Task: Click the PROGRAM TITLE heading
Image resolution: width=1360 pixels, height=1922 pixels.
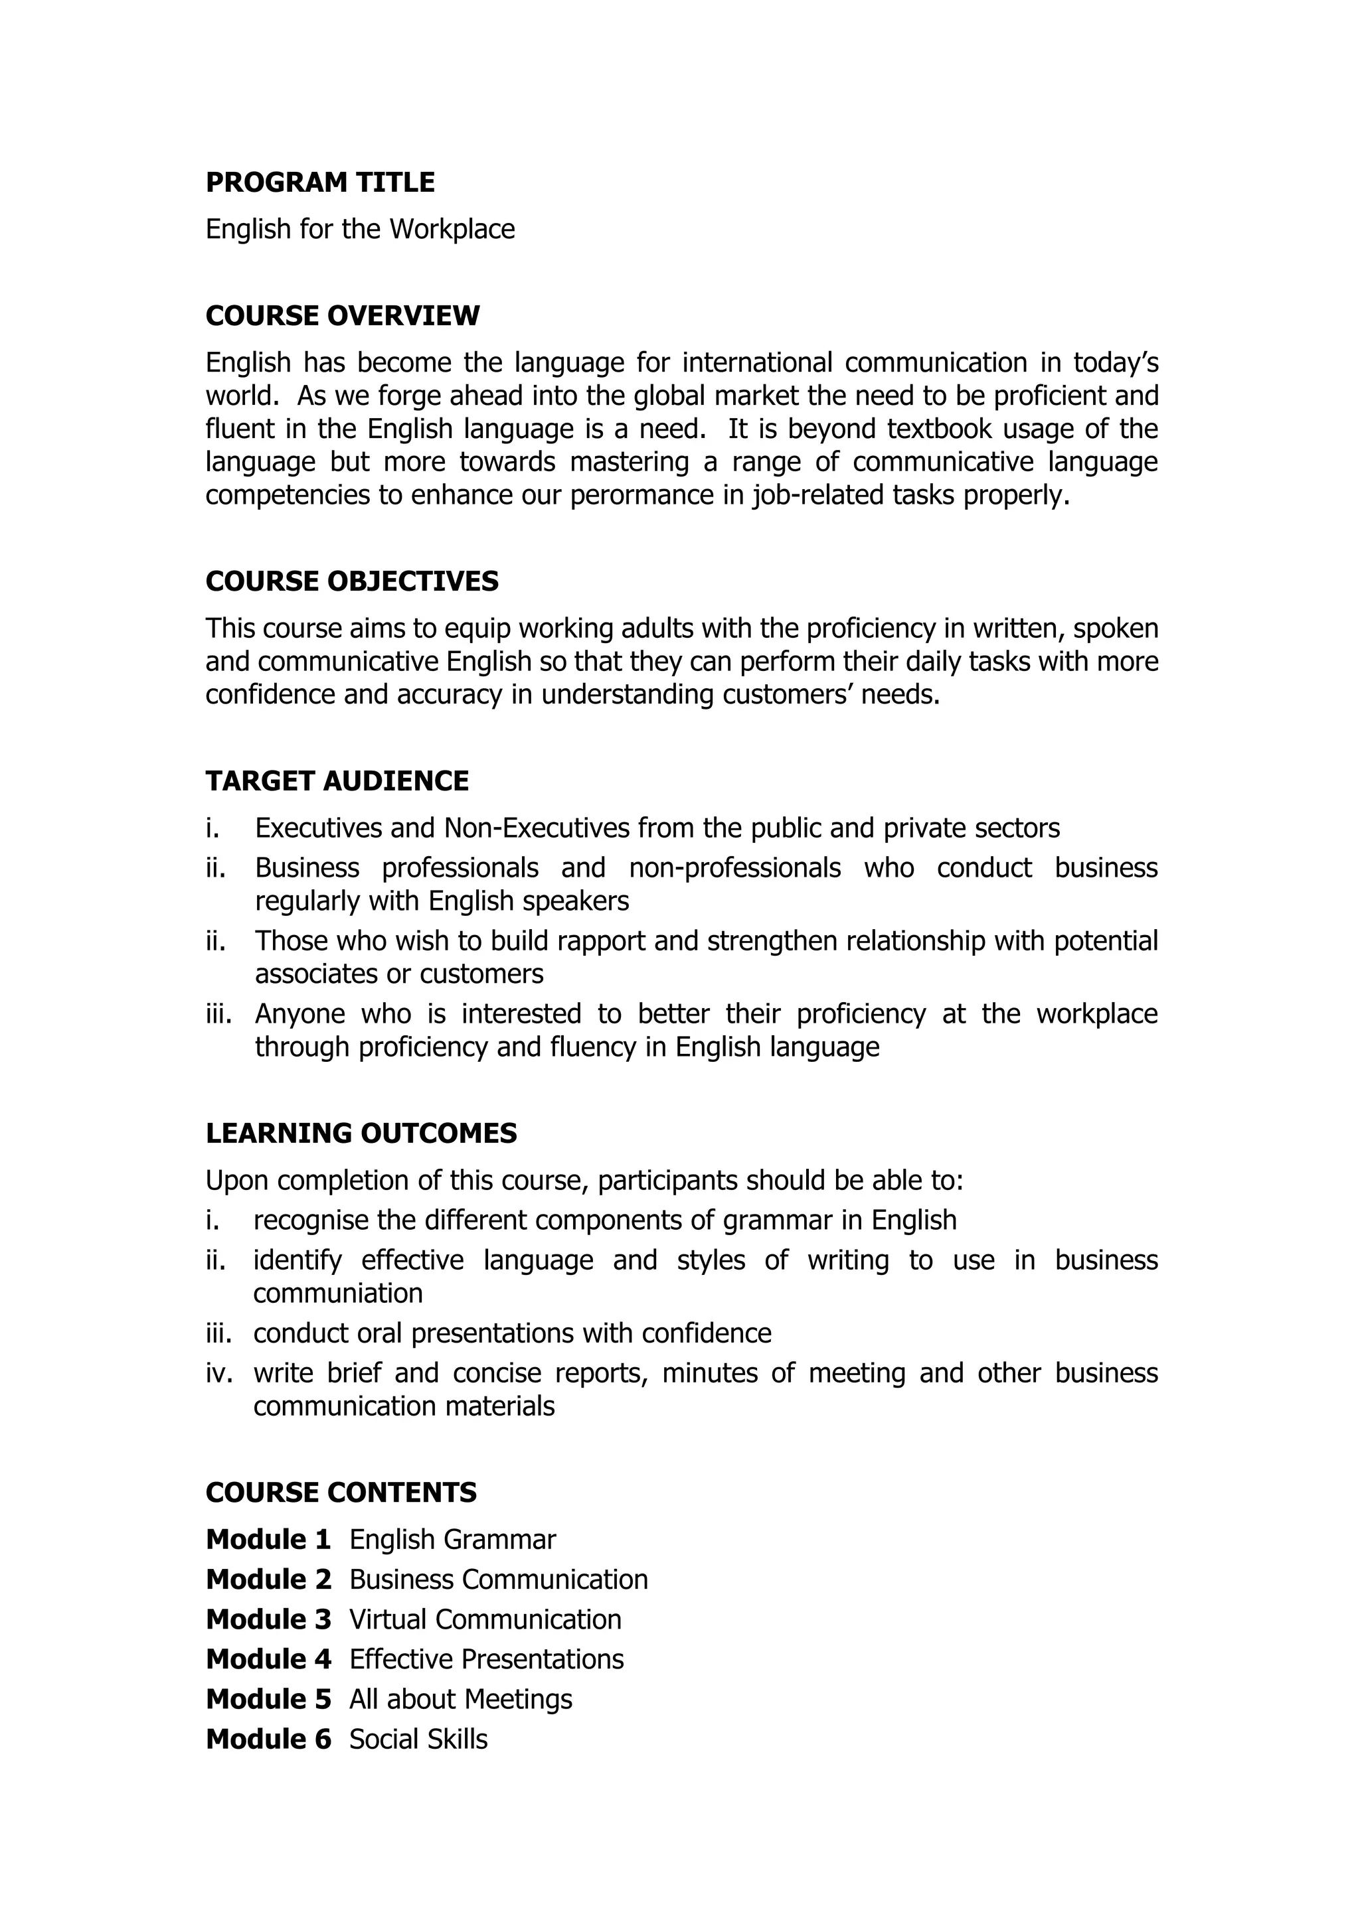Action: [x=320, y=183]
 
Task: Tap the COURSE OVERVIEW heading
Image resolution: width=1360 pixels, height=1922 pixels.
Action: [x=343, y=316]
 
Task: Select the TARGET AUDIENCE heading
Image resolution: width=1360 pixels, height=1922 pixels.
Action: [x=337, y=781]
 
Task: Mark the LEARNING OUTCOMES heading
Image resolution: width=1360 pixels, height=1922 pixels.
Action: [x=361, y=1134]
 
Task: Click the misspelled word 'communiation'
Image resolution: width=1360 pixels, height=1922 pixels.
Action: [x=337, y=1294]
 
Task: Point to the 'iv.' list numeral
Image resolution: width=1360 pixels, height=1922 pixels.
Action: [x=218, y=1373]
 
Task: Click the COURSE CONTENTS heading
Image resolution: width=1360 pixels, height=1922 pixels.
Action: [x=341, y=1493]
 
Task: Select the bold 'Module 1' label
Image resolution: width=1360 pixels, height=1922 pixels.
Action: [x=268, y=1540]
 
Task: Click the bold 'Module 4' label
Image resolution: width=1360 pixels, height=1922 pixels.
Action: [x=268, y=1659]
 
